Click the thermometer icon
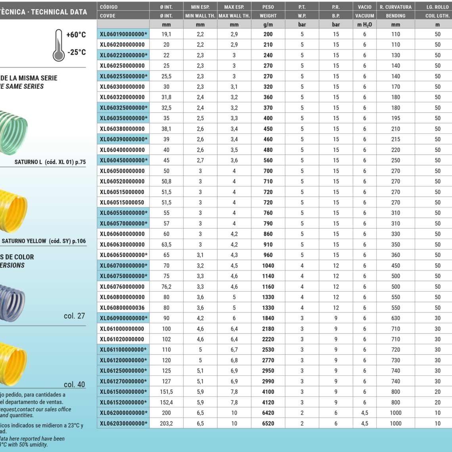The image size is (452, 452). (x=59, y=45)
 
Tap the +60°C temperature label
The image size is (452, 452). (x=76, y=35)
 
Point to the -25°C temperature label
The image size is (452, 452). (x=76, y=52)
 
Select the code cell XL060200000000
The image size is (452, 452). (x=123, y=45)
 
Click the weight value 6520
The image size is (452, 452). (x=268, y=423)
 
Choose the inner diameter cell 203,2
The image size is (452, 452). (x=167, y=423)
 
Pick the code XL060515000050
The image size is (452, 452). (x=123, y=203)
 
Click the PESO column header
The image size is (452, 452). (x=268, y=7)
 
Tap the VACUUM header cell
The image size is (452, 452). (x=365, y=16)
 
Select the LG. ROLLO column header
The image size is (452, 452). (x=437, y=7)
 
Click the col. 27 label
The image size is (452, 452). (x=75, y=316)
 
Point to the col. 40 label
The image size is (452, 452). (x=75, y=385)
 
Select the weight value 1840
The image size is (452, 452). (x=268, y=318)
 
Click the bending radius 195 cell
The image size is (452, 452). (x=396, y=118)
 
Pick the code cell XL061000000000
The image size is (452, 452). (x=123, y=329)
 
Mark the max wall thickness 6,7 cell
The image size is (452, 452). (x=234, y=350)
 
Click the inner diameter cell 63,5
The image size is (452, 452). (x=167, y=245)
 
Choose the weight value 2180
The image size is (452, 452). (x=268, y=329)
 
